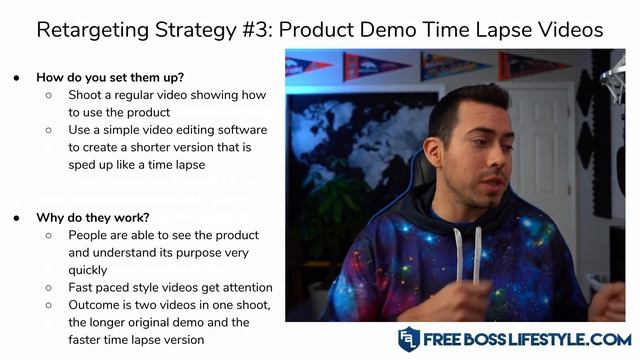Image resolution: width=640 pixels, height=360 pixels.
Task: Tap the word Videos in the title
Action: tap(569, 30)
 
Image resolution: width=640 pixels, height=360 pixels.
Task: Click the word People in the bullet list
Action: tap(91, 235)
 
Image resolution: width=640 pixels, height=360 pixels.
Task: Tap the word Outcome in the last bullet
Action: tap(97, 305)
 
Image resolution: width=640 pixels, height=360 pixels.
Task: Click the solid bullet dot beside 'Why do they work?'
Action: tap(20, 216)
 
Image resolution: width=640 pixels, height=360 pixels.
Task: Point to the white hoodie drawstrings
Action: tap(479, 250)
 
